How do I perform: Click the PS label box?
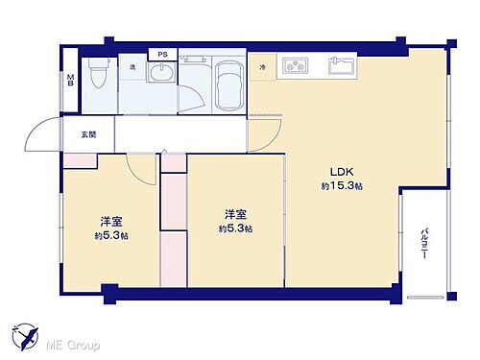coord(162,55)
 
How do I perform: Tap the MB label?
coord(70,84)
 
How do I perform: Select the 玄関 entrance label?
coord(75,133)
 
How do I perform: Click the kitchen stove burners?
coord(295,68)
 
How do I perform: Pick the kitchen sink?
coord(339,68)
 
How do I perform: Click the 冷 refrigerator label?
coord(262,66)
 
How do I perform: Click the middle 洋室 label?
coord(234,214)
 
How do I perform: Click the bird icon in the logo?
coord(30,337)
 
